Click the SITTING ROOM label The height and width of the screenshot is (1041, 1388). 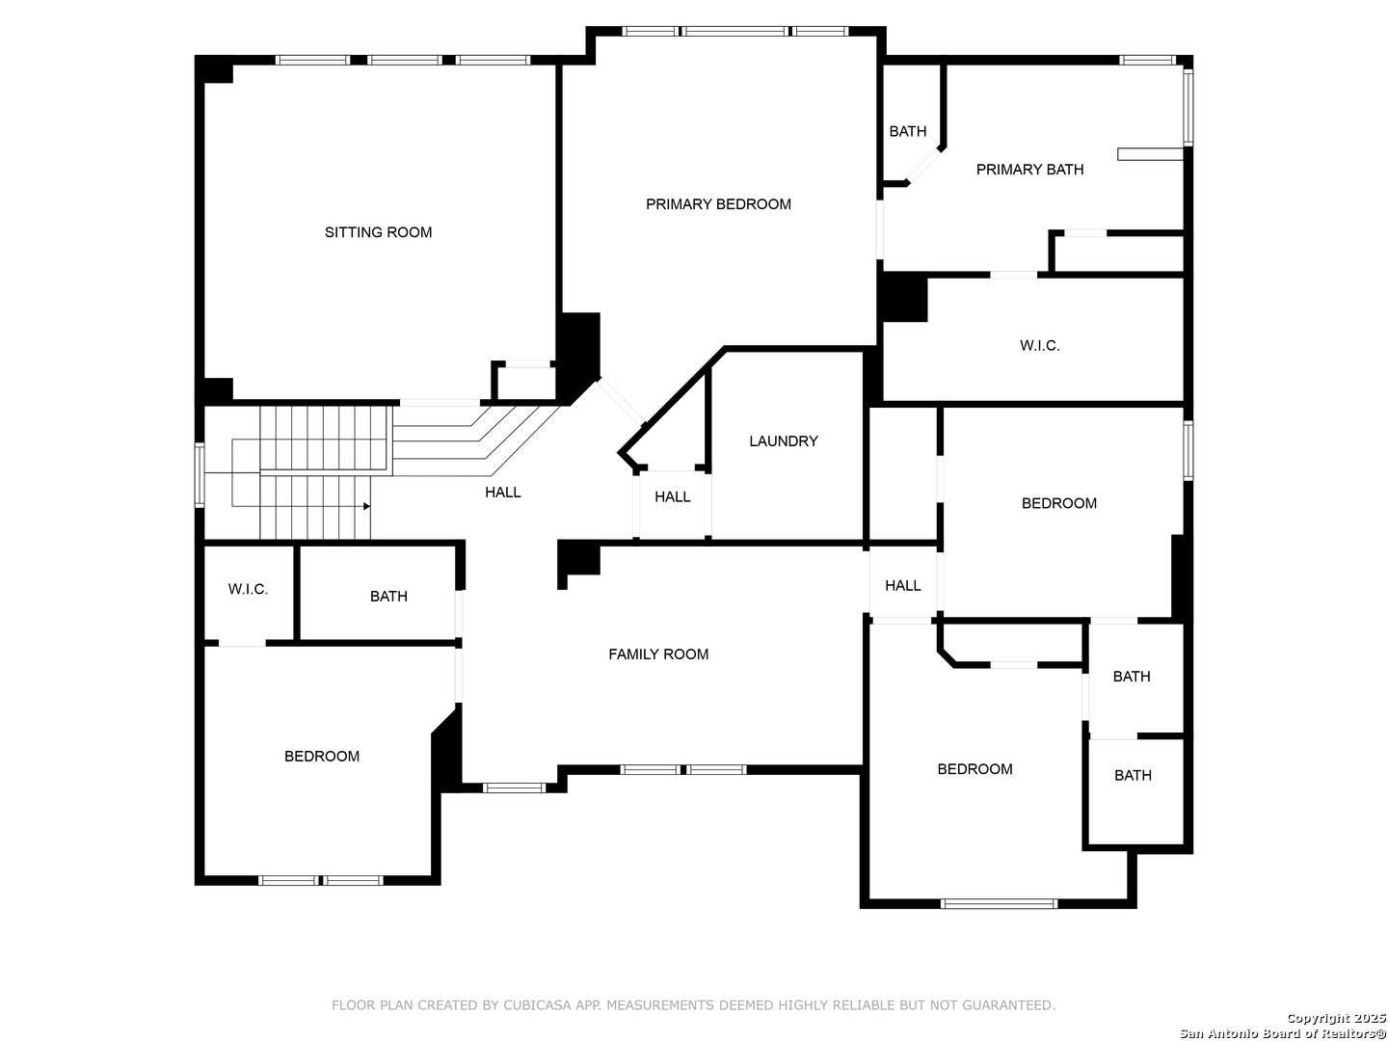coord(378,232)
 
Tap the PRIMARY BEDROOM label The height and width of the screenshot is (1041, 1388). coord(718,204)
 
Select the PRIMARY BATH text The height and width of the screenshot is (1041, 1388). coord(1029,170)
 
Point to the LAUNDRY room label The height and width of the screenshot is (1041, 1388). coord(784,441)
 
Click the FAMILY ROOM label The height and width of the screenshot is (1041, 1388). coord(658,654)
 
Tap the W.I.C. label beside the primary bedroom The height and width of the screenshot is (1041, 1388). coord(1040,346)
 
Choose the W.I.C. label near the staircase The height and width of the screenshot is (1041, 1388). coord(248,589)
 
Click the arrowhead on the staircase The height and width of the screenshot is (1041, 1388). coord(367,506)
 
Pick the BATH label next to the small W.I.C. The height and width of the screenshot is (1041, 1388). coord(388,596)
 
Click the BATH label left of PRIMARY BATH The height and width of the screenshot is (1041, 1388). coord(907,131)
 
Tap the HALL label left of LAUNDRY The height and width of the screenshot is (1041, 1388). coord(672,496)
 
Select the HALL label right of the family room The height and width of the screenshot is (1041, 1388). coord(902,586)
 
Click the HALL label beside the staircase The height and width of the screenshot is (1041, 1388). coord(503,493)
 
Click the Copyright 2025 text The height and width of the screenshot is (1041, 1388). coord(1336,1018)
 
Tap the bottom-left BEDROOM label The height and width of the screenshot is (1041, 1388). coord(322,756)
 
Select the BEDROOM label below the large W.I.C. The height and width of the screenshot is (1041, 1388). coord(1058,503)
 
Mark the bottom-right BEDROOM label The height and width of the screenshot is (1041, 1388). coord(974,768)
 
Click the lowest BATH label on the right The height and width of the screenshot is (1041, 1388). coord(1133,775)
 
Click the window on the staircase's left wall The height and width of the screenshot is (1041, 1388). coord(200,474)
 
